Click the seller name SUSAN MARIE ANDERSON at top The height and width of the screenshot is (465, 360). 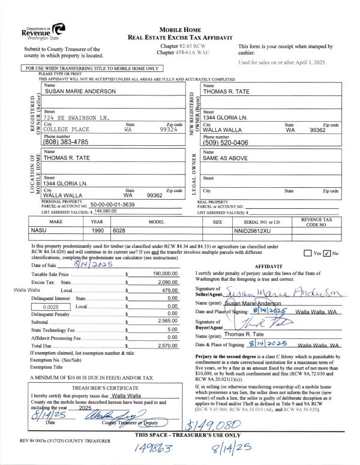(76, 92)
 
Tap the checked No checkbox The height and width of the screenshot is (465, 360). (328, 253)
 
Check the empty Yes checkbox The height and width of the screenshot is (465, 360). (309, 253)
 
